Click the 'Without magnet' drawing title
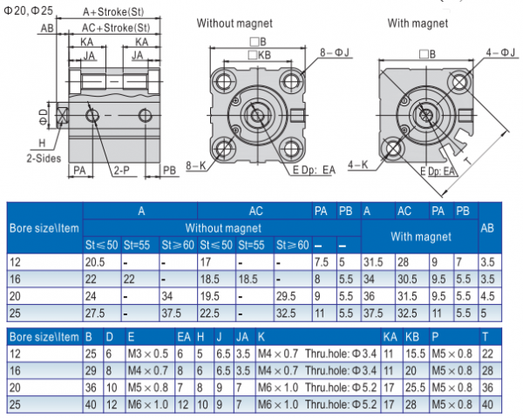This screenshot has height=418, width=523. (x=234, y=23)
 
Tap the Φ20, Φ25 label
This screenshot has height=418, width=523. (x=30, y=9)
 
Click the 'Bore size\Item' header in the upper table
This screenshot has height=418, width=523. (x=44, y=228)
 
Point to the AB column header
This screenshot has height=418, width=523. (x=489, y=228)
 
